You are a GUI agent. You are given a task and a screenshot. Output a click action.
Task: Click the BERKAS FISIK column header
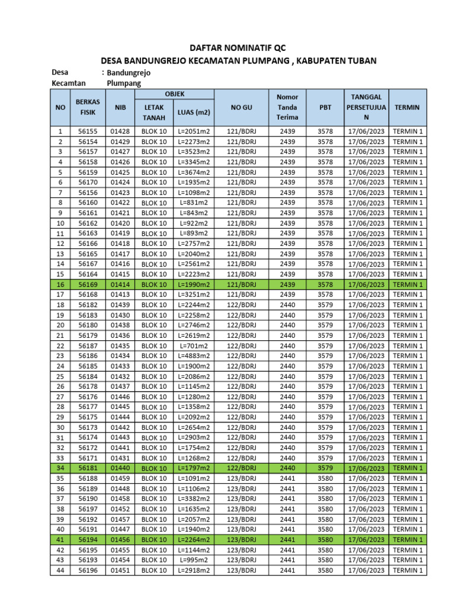[88, 107]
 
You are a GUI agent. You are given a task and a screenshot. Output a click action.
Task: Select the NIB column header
[120, 107]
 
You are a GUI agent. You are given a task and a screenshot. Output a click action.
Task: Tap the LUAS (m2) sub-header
[194, 112]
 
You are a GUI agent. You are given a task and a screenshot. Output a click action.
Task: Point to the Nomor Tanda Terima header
[287, 107]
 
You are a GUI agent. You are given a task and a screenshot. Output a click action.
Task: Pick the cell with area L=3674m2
[194, 172]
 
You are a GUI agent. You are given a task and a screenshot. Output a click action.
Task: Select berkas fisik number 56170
[88, 182]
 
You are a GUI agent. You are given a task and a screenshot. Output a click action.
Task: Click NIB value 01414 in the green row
[120, 285]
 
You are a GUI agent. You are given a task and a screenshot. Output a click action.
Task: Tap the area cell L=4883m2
[194, 356]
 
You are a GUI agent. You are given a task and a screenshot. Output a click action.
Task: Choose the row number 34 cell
[60, 468]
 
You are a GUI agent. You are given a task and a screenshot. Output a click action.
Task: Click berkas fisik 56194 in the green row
[88, 540]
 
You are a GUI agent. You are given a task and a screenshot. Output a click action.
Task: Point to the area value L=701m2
[194, 346]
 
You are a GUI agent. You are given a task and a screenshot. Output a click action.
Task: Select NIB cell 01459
[120, 478]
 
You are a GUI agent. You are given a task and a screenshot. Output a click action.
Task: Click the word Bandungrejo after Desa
[129, 72]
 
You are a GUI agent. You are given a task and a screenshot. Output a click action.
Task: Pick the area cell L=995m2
[194, 560]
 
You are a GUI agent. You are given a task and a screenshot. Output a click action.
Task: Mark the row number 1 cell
[60, 131]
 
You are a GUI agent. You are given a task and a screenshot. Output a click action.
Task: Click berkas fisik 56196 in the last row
[88, 570]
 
